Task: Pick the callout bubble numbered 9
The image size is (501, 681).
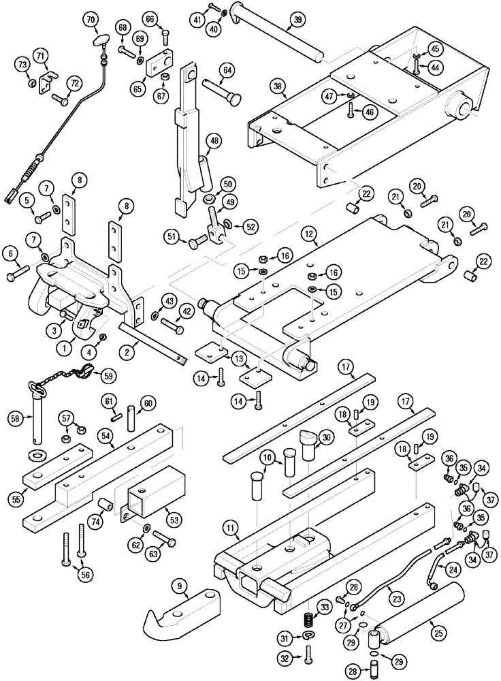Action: (179, 584)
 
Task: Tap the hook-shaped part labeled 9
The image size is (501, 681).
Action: (184, 610)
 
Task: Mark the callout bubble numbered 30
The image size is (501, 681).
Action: (325, 437)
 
